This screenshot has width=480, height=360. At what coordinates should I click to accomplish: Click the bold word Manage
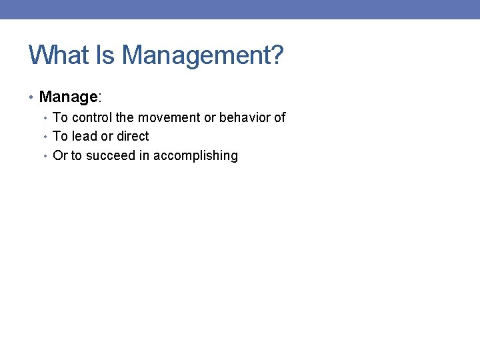(68, 97)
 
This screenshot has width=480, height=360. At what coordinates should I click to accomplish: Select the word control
(91, 118)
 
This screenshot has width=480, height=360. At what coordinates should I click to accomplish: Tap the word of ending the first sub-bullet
(279, 118)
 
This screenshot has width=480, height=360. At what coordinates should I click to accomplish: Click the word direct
(133, 137)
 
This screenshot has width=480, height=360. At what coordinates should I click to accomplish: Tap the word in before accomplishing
(145, 156)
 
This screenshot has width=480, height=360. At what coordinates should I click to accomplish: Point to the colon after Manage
(100, 97)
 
